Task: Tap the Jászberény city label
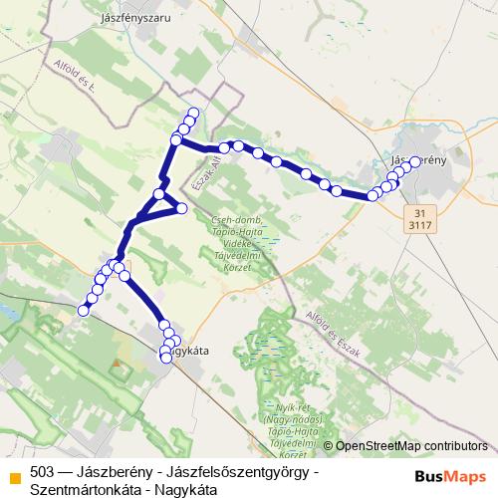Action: [414, 159]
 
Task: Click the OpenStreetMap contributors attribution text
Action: [411, 446]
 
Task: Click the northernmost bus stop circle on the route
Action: [193, 113]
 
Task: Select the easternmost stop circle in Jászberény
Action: [414, 163]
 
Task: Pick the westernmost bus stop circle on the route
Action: [84, 310]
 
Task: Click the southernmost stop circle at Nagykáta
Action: [166, 358]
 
